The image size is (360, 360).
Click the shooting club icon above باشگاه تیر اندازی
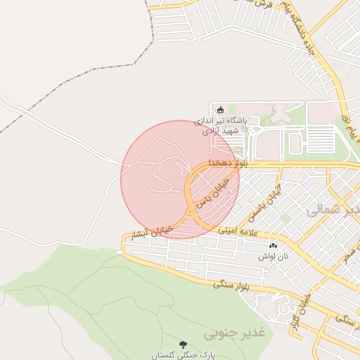pos(219,109)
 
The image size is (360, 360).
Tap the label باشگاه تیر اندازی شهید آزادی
pos(221,125)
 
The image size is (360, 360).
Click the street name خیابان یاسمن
pos(269,195)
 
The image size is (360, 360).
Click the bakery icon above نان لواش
pos(273,245)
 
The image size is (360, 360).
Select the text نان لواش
pos(273,257)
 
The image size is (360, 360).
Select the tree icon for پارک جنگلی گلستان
pos(184,345)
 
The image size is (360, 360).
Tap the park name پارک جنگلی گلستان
pos(184,356)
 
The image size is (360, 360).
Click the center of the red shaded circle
pos(180,179)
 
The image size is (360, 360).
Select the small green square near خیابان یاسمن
pos(285,219)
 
